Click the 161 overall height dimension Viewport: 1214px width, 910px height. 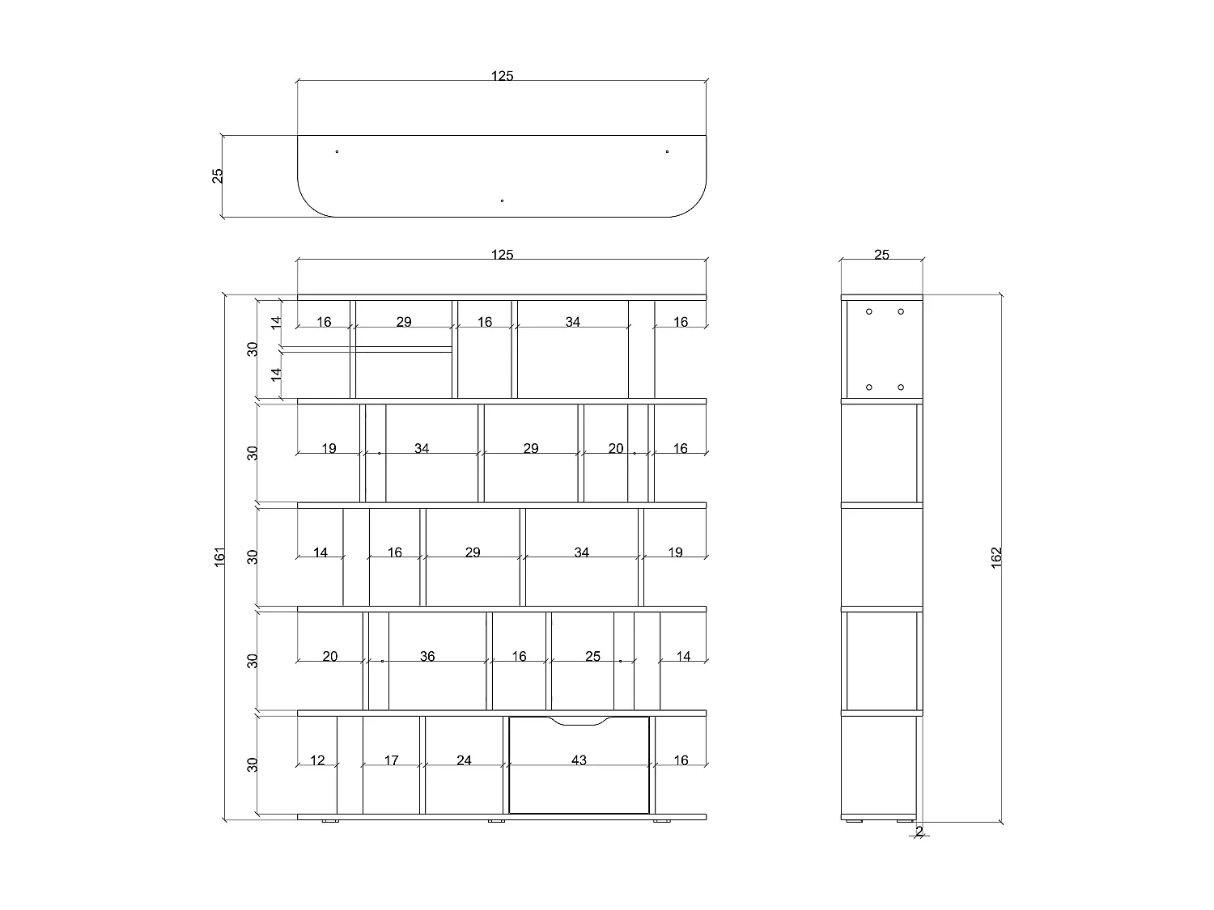(x=220, y=557)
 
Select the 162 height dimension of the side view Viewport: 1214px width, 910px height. (x=996, y=557)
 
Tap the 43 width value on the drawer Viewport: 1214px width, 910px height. (x=579, y=760)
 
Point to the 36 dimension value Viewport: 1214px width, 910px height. (x=427, y=656)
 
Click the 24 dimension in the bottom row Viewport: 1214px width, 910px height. (x=464, y=760)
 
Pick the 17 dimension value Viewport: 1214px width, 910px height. (x=391, y=760)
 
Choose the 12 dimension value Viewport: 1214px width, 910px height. (x=317, y=760)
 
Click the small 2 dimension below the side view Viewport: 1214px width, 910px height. (x=919, y=831)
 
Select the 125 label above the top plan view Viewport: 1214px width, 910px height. (x=503, y=76)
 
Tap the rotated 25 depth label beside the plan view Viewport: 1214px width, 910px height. (x=218, y=176)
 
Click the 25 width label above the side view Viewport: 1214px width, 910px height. (x=881, y=255)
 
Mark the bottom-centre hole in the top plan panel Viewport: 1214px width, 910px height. (x=503, y=201)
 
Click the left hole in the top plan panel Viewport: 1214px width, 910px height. (x=337, y=151)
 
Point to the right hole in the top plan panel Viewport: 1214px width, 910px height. (x=667, y=151)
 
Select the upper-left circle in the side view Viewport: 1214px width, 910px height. (x=869, y=311)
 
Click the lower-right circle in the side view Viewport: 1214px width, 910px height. (x=901, y=387)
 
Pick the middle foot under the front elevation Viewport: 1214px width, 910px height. (x=496, y=821)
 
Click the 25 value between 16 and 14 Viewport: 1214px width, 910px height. (x=592, y=656)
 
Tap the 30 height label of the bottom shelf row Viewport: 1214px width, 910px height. (x=253, y=764)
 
